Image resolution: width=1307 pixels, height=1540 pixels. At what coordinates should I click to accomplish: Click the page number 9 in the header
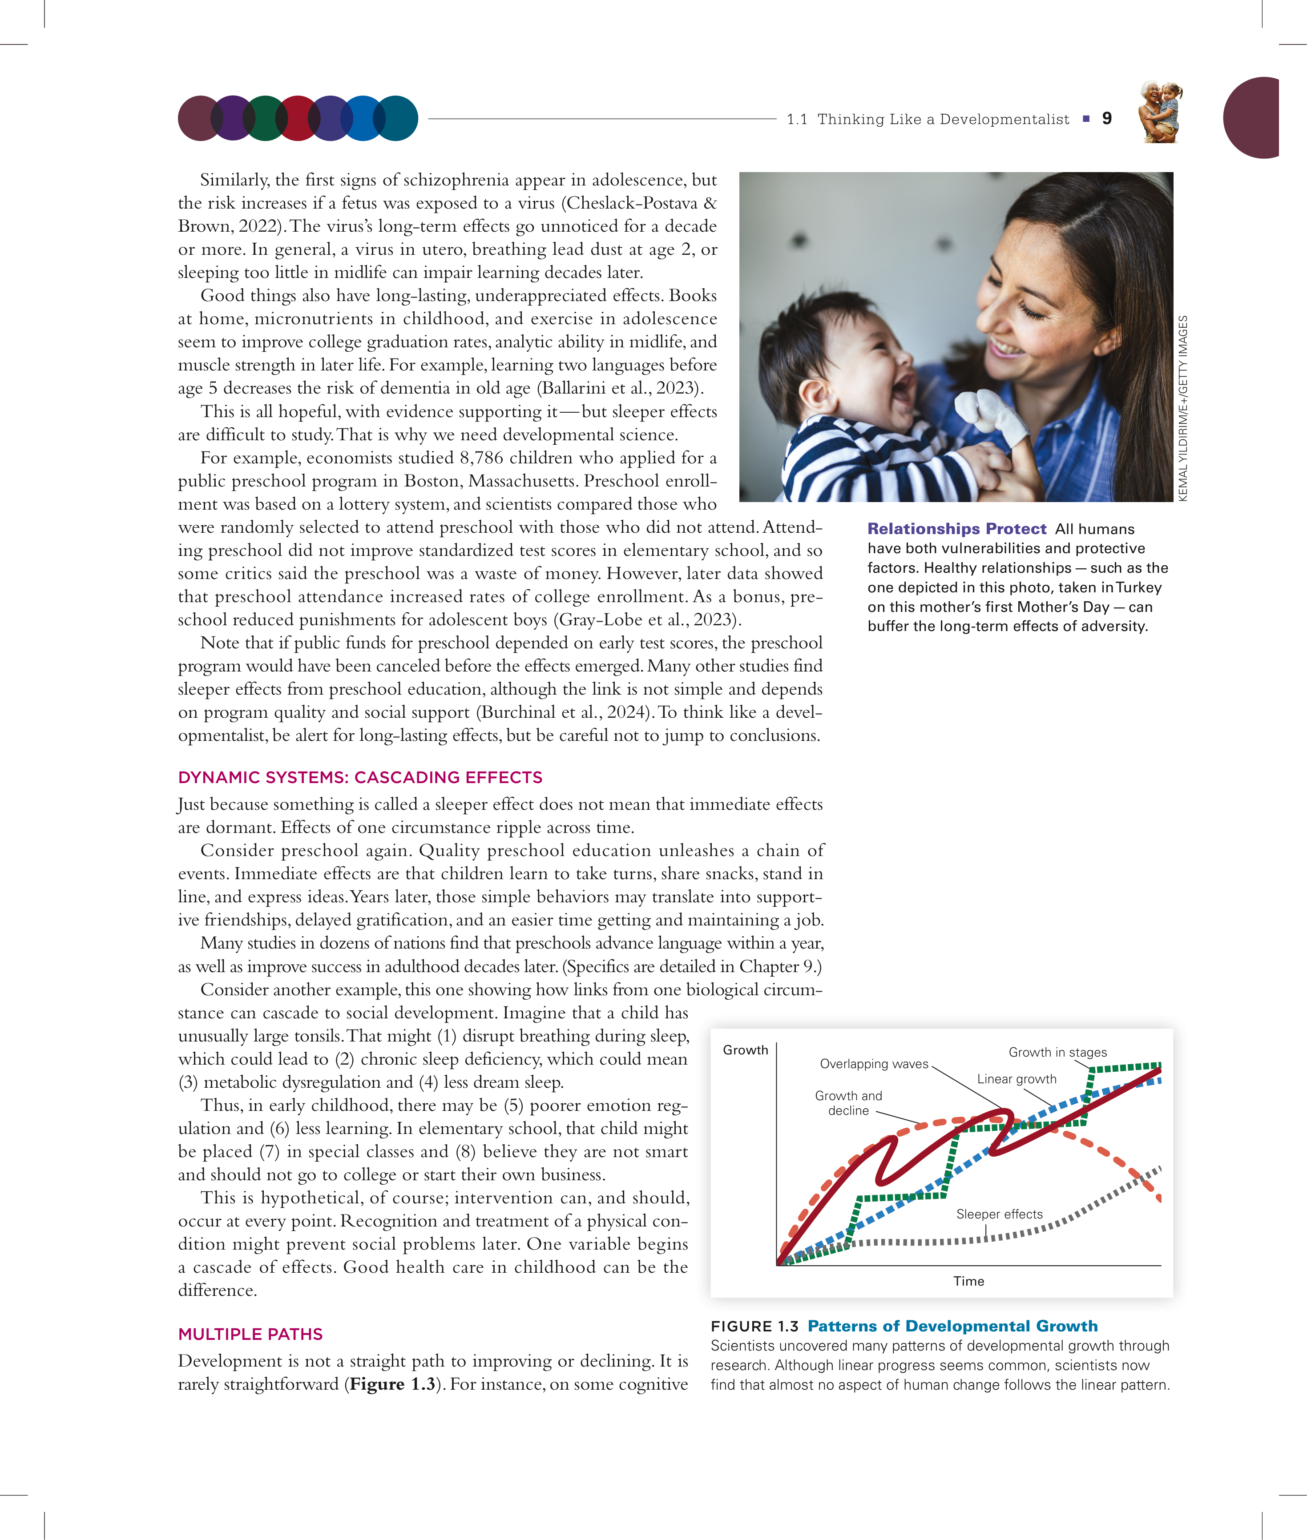click(x=1107, y=119)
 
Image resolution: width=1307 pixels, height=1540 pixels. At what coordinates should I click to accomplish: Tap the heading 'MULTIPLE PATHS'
click(x=250, y=1334)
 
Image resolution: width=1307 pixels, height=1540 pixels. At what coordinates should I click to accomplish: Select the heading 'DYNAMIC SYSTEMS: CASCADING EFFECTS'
click(x=360, y=777)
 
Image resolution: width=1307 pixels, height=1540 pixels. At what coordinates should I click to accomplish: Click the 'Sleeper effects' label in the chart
click(x=999, y=1214)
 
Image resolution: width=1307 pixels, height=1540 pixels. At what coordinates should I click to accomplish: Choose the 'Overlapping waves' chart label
click(x=874, y=1064)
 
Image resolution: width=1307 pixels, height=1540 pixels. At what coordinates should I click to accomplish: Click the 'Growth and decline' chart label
click(x=848, y=1103)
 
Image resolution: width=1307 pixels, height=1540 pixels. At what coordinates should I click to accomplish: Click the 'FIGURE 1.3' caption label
click(x=754, y=1326)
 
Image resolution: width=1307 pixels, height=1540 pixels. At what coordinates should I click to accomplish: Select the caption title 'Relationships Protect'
click(x=956, y=529)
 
